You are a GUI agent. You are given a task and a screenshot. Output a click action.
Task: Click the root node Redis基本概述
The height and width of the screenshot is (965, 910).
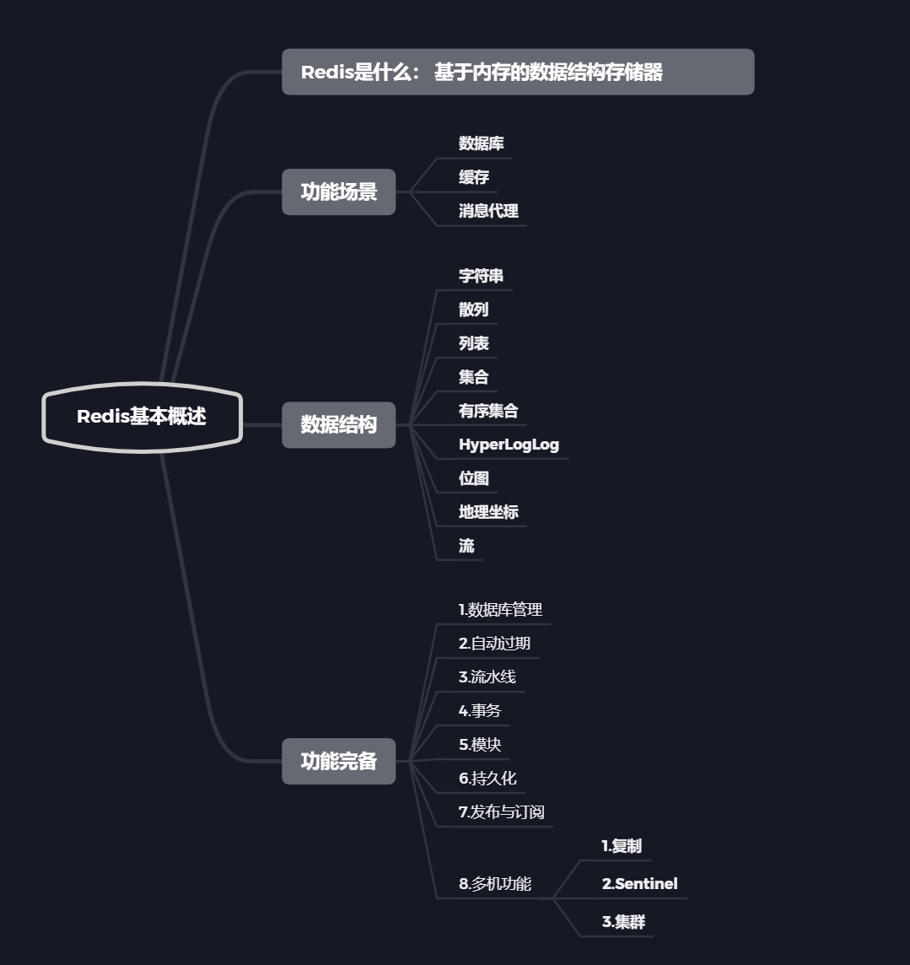(142, 417)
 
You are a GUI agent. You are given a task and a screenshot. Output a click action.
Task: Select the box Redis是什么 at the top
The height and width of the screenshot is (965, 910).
(517, 73)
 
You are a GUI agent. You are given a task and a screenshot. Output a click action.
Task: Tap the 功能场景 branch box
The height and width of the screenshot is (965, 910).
(338, 192)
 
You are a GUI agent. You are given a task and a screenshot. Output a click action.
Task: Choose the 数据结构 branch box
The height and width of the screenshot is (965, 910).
(338, 425)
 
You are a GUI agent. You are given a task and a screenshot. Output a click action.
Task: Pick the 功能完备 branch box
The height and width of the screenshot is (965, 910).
(338, 762)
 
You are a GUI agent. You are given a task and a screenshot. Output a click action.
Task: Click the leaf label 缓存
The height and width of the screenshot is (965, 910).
(474, 178)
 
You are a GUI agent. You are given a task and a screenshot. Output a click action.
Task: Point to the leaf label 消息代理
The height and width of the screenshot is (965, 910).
(488, 212)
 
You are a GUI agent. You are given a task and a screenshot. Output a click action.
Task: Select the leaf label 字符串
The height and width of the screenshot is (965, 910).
(481, 277)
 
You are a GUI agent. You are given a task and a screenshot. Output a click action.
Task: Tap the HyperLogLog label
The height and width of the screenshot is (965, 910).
(509, 445)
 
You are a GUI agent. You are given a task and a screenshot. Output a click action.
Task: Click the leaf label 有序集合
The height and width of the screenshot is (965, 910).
(488, 412)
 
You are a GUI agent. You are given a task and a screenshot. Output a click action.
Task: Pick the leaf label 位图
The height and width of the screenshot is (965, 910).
(474, 479)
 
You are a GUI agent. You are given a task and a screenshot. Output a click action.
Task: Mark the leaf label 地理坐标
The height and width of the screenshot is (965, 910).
(488, 513)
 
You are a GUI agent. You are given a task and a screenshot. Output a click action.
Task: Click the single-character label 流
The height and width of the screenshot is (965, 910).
(466, 547)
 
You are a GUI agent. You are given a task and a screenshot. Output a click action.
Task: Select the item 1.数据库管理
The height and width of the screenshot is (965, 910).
(500, 610)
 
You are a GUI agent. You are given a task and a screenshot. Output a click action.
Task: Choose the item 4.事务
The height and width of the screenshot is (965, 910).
(479, 711)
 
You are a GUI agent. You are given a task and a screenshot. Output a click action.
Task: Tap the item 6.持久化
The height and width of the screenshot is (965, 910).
(487, 779)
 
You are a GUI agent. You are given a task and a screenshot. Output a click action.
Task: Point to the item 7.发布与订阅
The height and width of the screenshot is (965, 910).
(501, 812)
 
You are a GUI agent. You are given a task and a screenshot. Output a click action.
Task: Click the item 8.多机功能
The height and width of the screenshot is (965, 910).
(495, 884)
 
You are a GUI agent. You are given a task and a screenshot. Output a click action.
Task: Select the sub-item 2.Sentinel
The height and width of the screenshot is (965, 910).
(639, 884)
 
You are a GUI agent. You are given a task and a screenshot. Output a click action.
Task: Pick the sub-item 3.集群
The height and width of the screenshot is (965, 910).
(623, 922)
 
